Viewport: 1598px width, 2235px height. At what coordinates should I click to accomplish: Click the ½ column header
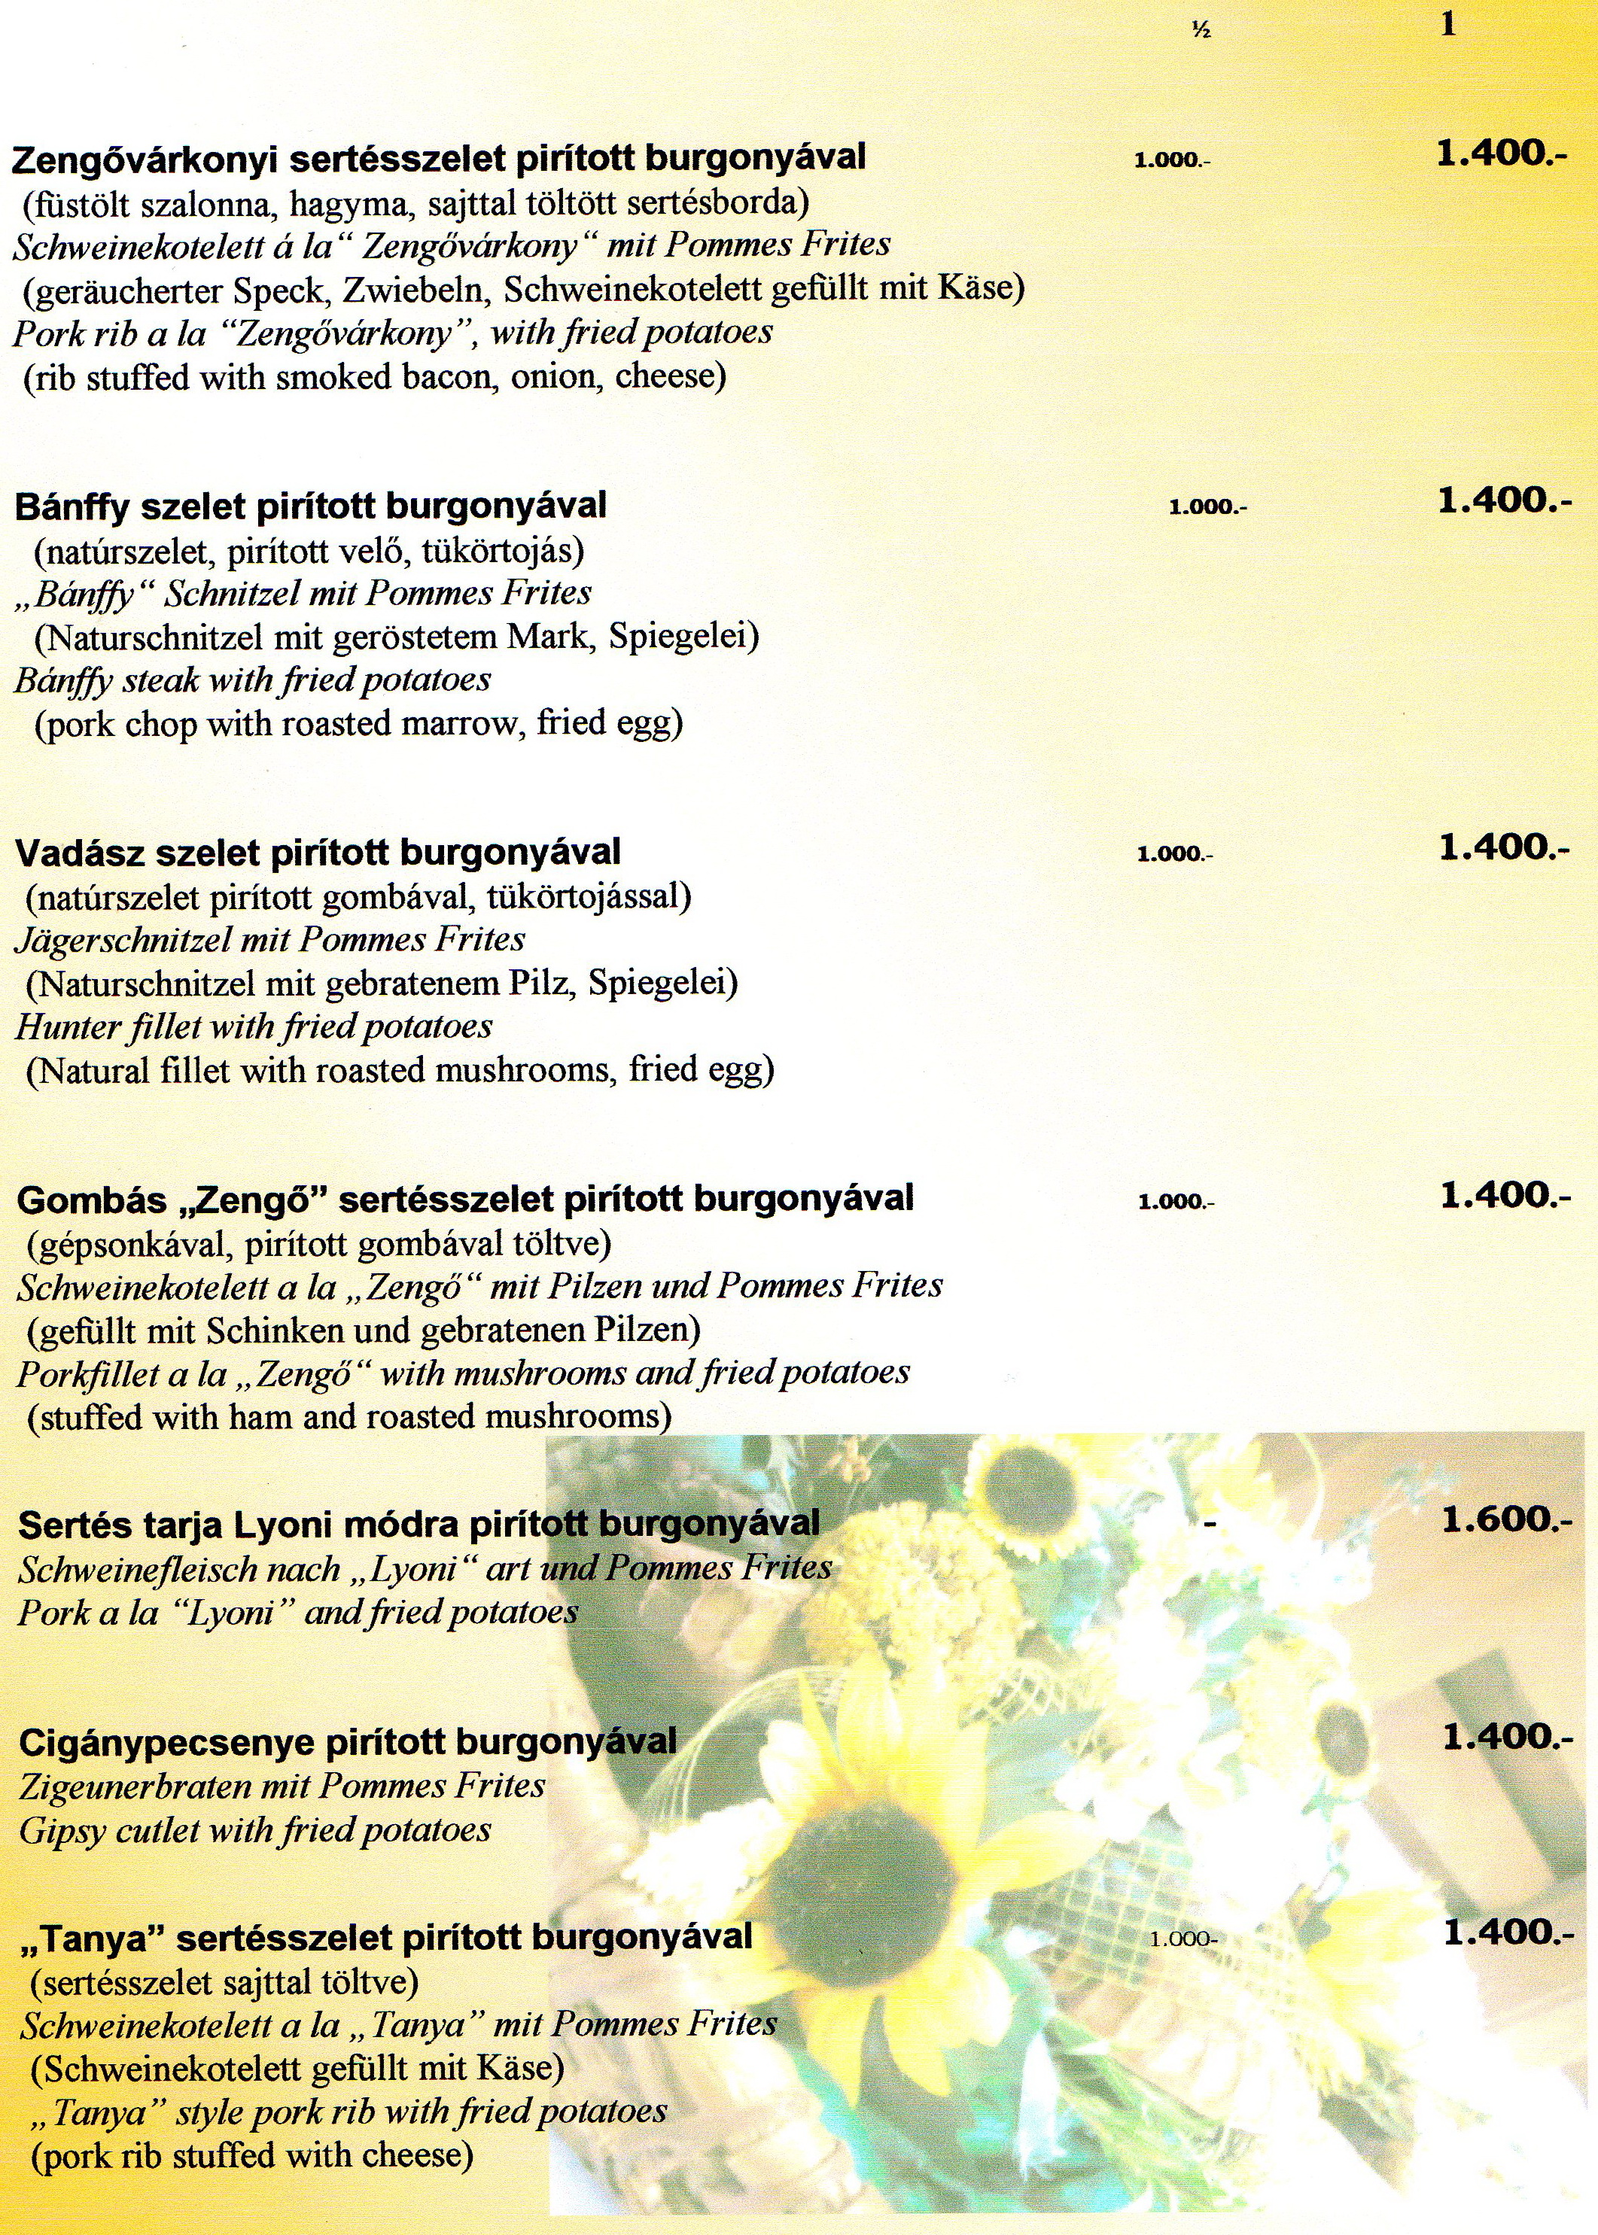1200,32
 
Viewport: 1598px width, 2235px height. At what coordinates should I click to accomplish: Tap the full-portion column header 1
1447,26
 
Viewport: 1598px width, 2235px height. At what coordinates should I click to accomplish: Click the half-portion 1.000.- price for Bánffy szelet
1207,508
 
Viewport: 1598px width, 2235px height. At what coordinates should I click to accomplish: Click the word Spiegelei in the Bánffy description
683,637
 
